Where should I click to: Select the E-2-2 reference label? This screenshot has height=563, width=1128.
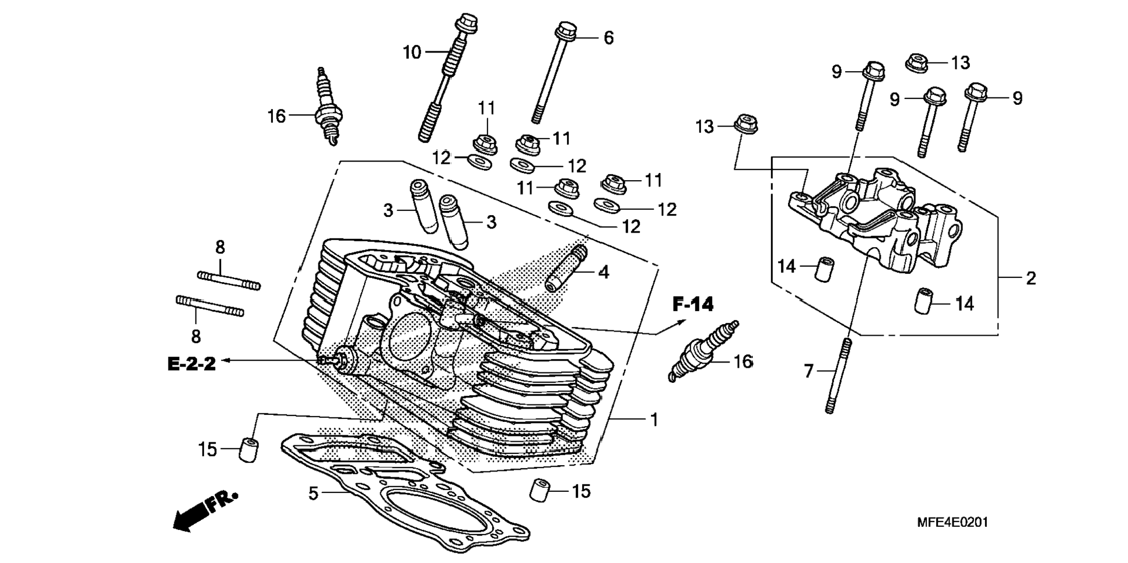(191, 364)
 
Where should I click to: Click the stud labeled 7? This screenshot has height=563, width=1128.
(838, 376)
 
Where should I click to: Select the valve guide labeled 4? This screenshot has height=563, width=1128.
(566, 268)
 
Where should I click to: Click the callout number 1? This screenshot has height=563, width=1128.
(654, 420)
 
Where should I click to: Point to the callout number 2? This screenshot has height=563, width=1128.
(1031, 278)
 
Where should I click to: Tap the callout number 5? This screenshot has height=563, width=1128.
(313, 494)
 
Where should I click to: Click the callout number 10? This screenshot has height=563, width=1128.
(412, 52)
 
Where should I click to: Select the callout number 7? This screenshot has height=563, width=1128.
(808, 371)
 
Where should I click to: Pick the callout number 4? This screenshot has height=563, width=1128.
(604, 272)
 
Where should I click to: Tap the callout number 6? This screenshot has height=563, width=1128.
(608, 38)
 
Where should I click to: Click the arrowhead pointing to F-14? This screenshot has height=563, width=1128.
(679, 322)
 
